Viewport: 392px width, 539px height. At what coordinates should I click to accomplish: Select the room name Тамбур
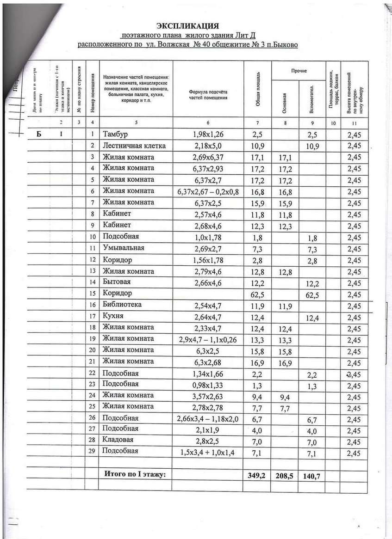coord(116,135)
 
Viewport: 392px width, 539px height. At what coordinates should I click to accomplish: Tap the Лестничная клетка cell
coord(134,146)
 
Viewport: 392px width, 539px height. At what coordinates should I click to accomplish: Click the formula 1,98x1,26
coord(208,135)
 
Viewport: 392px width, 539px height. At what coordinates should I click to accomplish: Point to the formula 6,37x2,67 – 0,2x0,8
coord(208,191)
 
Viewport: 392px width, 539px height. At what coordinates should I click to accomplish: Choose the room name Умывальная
coord(124,248)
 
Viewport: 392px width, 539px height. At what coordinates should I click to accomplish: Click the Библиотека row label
coord(122,305)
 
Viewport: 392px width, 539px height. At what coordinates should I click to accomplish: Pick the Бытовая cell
coord(117,282)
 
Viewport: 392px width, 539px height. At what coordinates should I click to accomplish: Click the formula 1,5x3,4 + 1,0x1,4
coord(208,452)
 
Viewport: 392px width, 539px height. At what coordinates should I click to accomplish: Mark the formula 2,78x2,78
coord(208,407)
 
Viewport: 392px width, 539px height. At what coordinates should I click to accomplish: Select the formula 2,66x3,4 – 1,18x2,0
coord(208,418)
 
